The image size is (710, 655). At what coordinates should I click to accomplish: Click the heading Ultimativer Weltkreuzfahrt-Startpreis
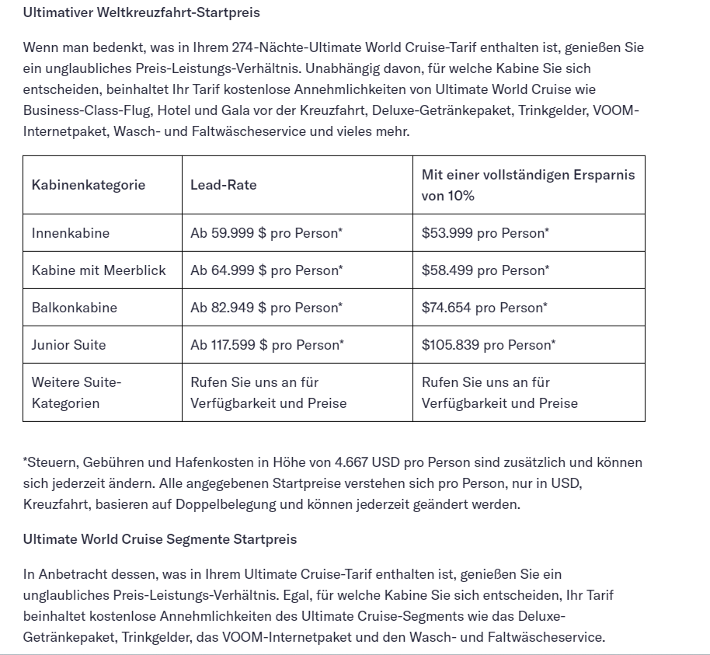coord(141,12)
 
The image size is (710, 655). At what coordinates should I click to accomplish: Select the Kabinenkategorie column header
coord(89,185)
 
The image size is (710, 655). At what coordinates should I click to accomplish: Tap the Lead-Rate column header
coord(224,185)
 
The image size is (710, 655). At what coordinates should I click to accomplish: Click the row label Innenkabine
coord(71,233)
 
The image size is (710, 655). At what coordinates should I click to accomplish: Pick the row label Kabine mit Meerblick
coord(99,270)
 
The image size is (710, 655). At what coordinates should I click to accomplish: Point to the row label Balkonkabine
coord(75,308)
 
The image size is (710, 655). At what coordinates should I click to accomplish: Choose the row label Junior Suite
coord(69,345)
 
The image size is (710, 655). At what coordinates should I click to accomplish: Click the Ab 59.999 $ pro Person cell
coord(266,233)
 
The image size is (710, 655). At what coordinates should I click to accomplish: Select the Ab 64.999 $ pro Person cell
coord(266,270)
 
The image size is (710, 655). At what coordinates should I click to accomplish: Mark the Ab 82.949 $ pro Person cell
coord(266,308)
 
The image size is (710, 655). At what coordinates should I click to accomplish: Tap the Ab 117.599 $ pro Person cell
coord(267,345)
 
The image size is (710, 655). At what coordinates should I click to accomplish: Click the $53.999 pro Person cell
coord(486,233)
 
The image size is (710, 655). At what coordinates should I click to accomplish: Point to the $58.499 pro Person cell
coord(486,270)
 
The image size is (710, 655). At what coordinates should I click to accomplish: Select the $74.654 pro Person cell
coord(485,308)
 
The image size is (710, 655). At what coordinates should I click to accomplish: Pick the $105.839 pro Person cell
coord(489,345)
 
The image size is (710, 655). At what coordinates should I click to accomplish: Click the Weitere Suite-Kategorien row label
coord(77,392)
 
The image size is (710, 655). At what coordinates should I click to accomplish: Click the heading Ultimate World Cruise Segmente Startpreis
coord(160,539)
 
